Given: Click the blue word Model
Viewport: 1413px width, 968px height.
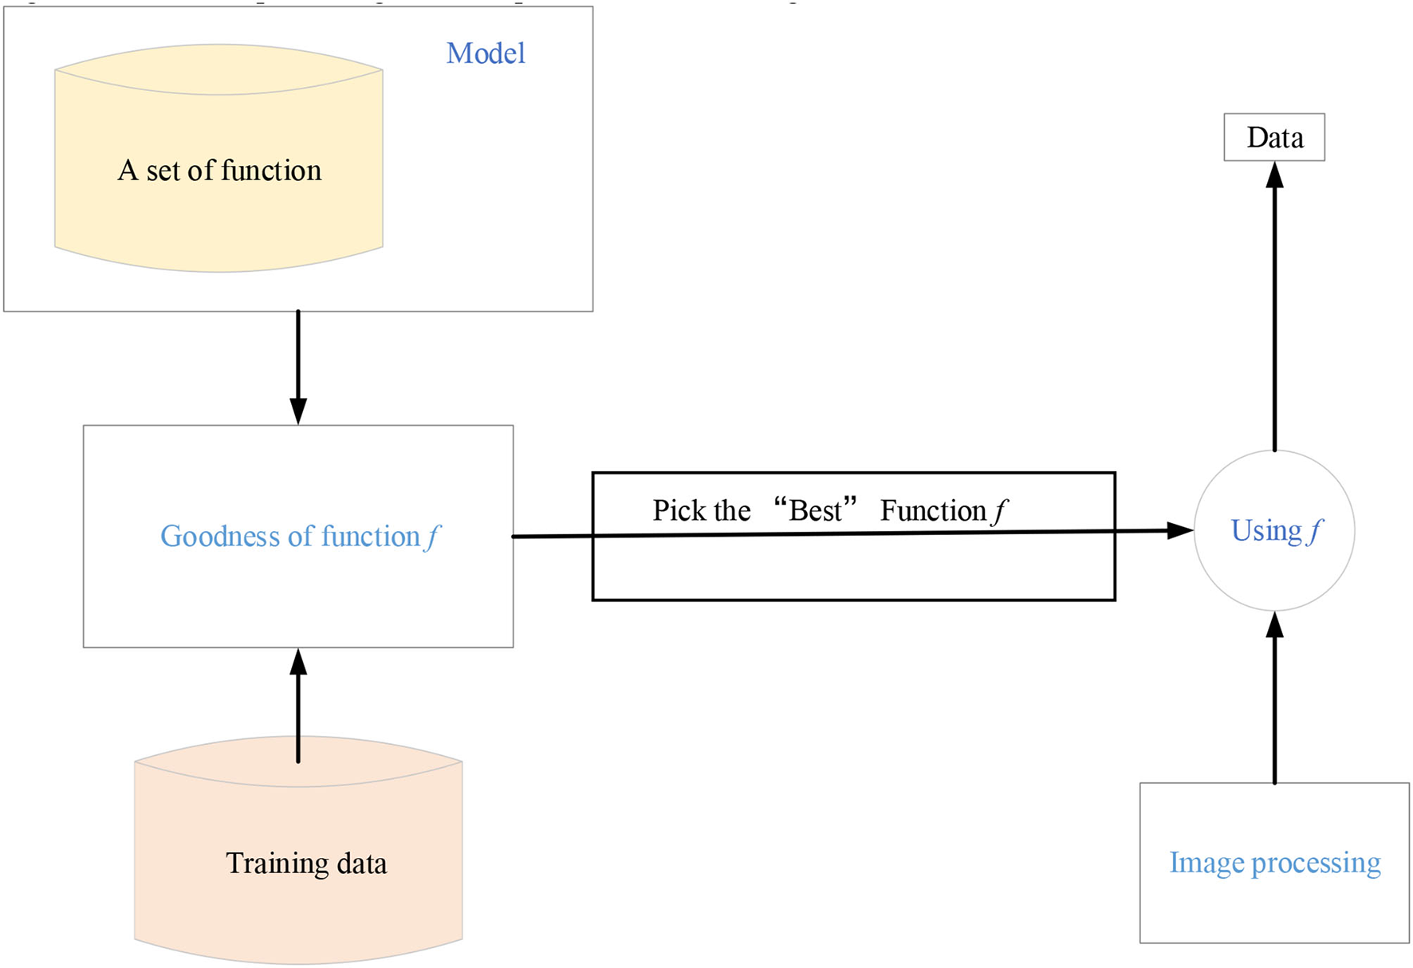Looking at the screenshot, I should (x=486, y=53).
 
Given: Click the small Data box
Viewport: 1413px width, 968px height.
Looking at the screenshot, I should (x=1274, y=137).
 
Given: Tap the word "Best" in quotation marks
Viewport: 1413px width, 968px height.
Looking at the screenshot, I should (x=815, y=510).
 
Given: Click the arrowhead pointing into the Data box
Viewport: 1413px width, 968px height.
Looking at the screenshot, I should (x=1274, y=175).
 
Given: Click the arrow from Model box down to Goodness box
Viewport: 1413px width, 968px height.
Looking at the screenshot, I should (x=298, y=367).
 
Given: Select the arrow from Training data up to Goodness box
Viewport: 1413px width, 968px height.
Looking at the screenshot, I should (x=298, y=706).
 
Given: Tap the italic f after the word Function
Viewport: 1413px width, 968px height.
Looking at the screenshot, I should (x=999, y=510).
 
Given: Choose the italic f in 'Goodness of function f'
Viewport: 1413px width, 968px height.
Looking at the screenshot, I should (x=431, y=537).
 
